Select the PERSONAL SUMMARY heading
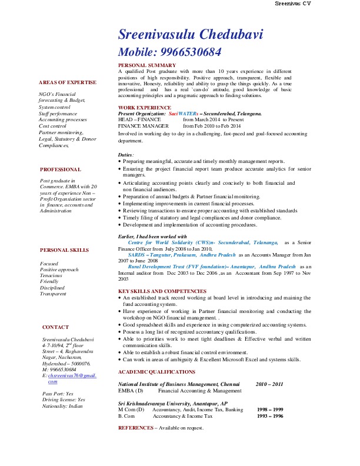[146, 65]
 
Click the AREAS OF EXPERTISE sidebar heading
[68, 82]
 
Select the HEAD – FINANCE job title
[139, 119]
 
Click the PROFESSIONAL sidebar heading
[61, 169]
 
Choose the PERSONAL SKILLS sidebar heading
[64, 250]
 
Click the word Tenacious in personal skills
[51, 275]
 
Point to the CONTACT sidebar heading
[55, 327]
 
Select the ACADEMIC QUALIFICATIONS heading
[156, 372]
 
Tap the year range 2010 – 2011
[269, 384]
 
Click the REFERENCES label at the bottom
[136, 428]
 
